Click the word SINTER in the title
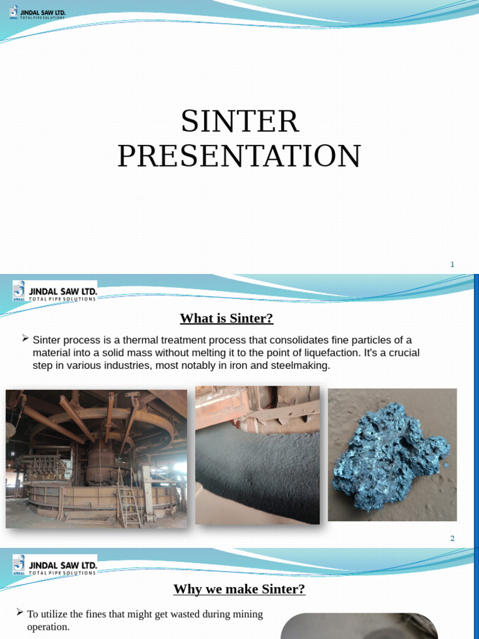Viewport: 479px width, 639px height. [x=240, y=122]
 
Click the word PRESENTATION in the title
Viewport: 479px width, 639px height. [x=239, y=156]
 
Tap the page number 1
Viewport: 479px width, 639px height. [x=452, y=265]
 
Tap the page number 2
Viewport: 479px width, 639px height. [x=452, y=539]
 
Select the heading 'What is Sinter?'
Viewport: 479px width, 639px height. [x=226, y=318]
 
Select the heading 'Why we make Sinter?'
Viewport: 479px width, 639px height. [x=239, y=589]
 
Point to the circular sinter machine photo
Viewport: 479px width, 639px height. [x=96, y=459]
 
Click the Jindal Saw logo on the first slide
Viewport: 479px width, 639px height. [x=37, y=12]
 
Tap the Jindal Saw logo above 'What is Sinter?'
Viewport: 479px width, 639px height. [x=55, y=291]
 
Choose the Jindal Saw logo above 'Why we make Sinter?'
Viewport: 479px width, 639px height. [x=55, y=565]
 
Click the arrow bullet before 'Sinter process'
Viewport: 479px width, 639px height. [x=25, y=338]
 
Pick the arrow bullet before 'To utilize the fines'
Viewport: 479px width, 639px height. [x=20, y=613]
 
